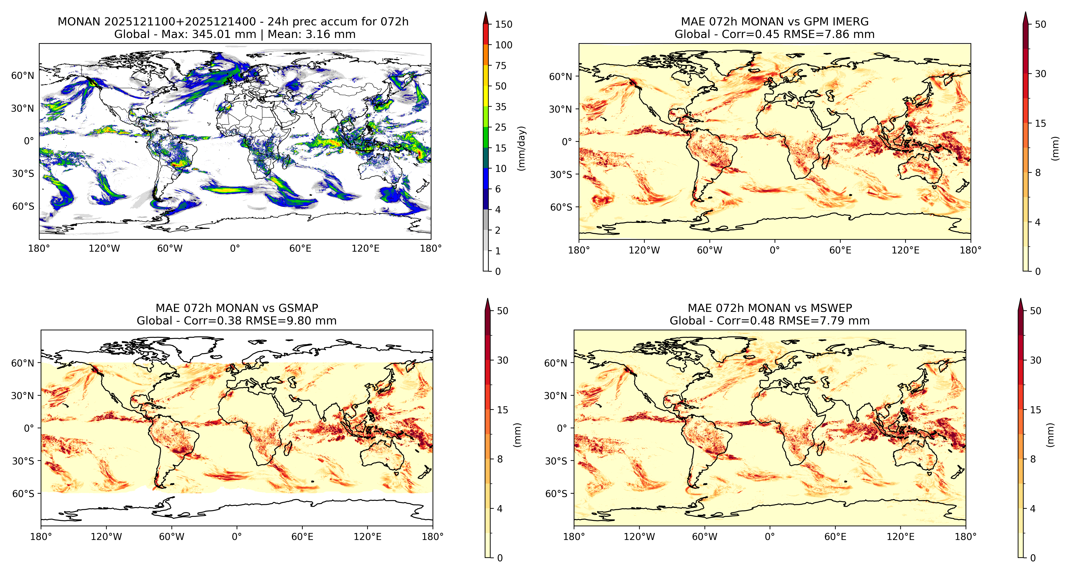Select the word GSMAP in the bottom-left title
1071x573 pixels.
(298, 308)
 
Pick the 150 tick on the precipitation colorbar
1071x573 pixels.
(504, 24)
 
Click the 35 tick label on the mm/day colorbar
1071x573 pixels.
(501, 107)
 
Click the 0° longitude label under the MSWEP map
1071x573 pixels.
(770, 537)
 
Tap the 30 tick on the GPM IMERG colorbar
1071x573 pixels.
(1040, 74)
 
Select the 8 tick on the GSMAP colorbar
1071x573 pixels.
(500, 459)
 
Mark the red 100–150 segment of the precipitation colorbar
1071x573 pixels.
(486, 35)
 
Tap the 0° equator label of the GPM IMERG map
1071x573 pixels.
(567, 142)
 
